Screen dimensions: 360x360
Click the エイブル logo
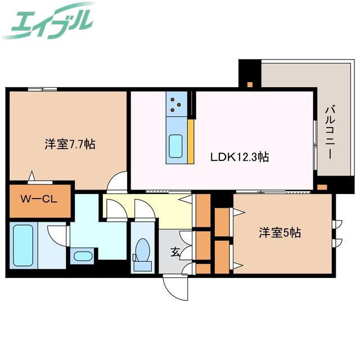coord(48,21)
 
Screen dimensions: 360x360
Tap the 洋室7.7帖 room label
coord(70,145)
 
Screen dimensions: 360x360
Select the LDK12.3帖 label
coord(240,157)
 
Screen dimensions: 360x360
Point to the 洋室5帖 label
coord(280,232)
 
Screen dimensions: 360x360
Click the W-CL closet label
coord(39,199)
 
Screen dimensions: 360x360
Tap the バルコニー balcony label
coord(330,132)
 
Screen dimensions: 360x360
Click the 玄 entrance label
coord(175,253)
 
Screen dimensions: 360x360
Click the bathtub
coord(23,245)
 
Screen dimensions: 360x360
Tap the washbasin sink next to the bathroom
coord(83,256)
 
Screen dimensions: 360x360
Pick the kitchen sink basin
coord(175,146)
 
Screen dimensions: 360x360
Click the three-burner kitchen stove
coord(176,104)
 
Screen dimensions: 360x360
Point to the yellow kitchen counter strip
coord(191,141)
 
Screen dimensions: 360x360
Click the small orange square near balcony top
coord(250,84)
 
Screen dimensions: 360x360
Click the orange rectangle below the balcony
coord(322,187)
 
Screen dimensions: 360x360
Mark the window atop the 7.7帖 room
coord(43,89)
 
